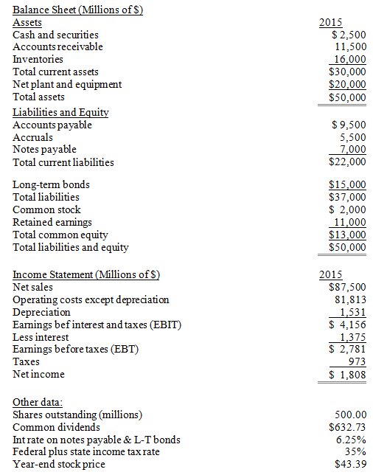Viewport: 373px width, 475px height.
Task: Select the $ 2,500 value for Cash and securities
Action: click(349, 34)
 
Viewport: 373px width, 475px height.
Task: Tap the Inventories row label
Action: click(38, 59)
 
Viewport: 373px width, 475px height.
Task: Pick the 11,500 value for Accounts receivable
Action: click(350, 46)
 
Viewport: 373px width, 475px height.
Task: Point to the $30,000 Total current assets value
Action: click(347, 72)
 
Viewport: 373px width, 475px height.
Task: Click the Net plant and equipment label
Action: click(68, 84)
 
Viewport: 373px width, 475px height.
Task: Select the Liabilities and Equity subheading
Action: click(61, 112)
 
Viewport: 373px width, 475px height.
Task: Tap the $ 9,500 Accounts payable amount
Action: click(349, 125)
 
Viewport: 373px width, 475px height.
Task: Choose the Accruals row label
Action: click(33, 137)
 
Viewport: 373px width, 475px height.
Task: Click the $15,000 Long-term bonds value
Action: click(347, 184)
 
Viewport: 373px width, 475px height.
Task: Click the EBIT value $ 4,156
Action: click(349, 325)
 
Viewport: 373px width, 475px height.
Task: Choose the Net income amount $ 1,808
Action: click(349, 375)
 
